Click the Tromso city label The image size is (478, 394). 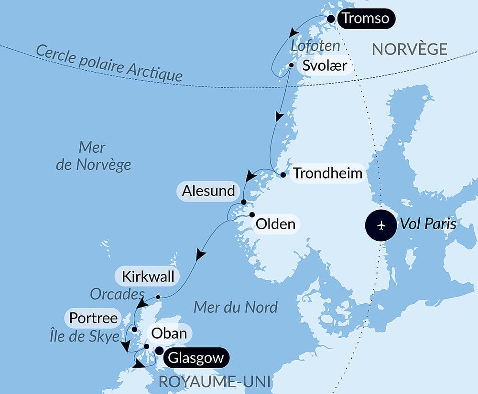(366, 19)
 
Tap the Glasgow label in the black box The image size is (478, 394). (196, 358)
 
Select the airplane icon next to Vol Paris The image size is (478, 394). (381, 224)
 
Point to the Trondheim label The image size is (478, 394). (328, 173)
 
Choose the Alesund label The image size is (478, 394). (208, 191)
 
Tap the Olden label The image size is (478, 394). (275, 224)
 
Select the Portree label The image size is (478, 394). (94, 318)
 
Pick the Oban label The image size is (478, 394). (169, 333)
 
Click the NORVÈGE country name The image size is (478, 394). (410, 49)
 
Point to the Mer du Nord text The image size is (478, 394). (236, 308)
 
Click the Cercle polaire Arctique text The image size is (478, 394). (109, 63)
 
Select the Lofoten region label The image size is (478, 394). (315, 46)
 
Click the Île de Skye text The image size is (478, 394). (84, 336)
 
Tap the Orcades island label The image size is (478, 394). (117, 294)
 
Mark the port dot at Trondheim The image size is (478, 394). (283, 175)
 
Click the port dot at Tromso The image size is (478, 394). (330, 19)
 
